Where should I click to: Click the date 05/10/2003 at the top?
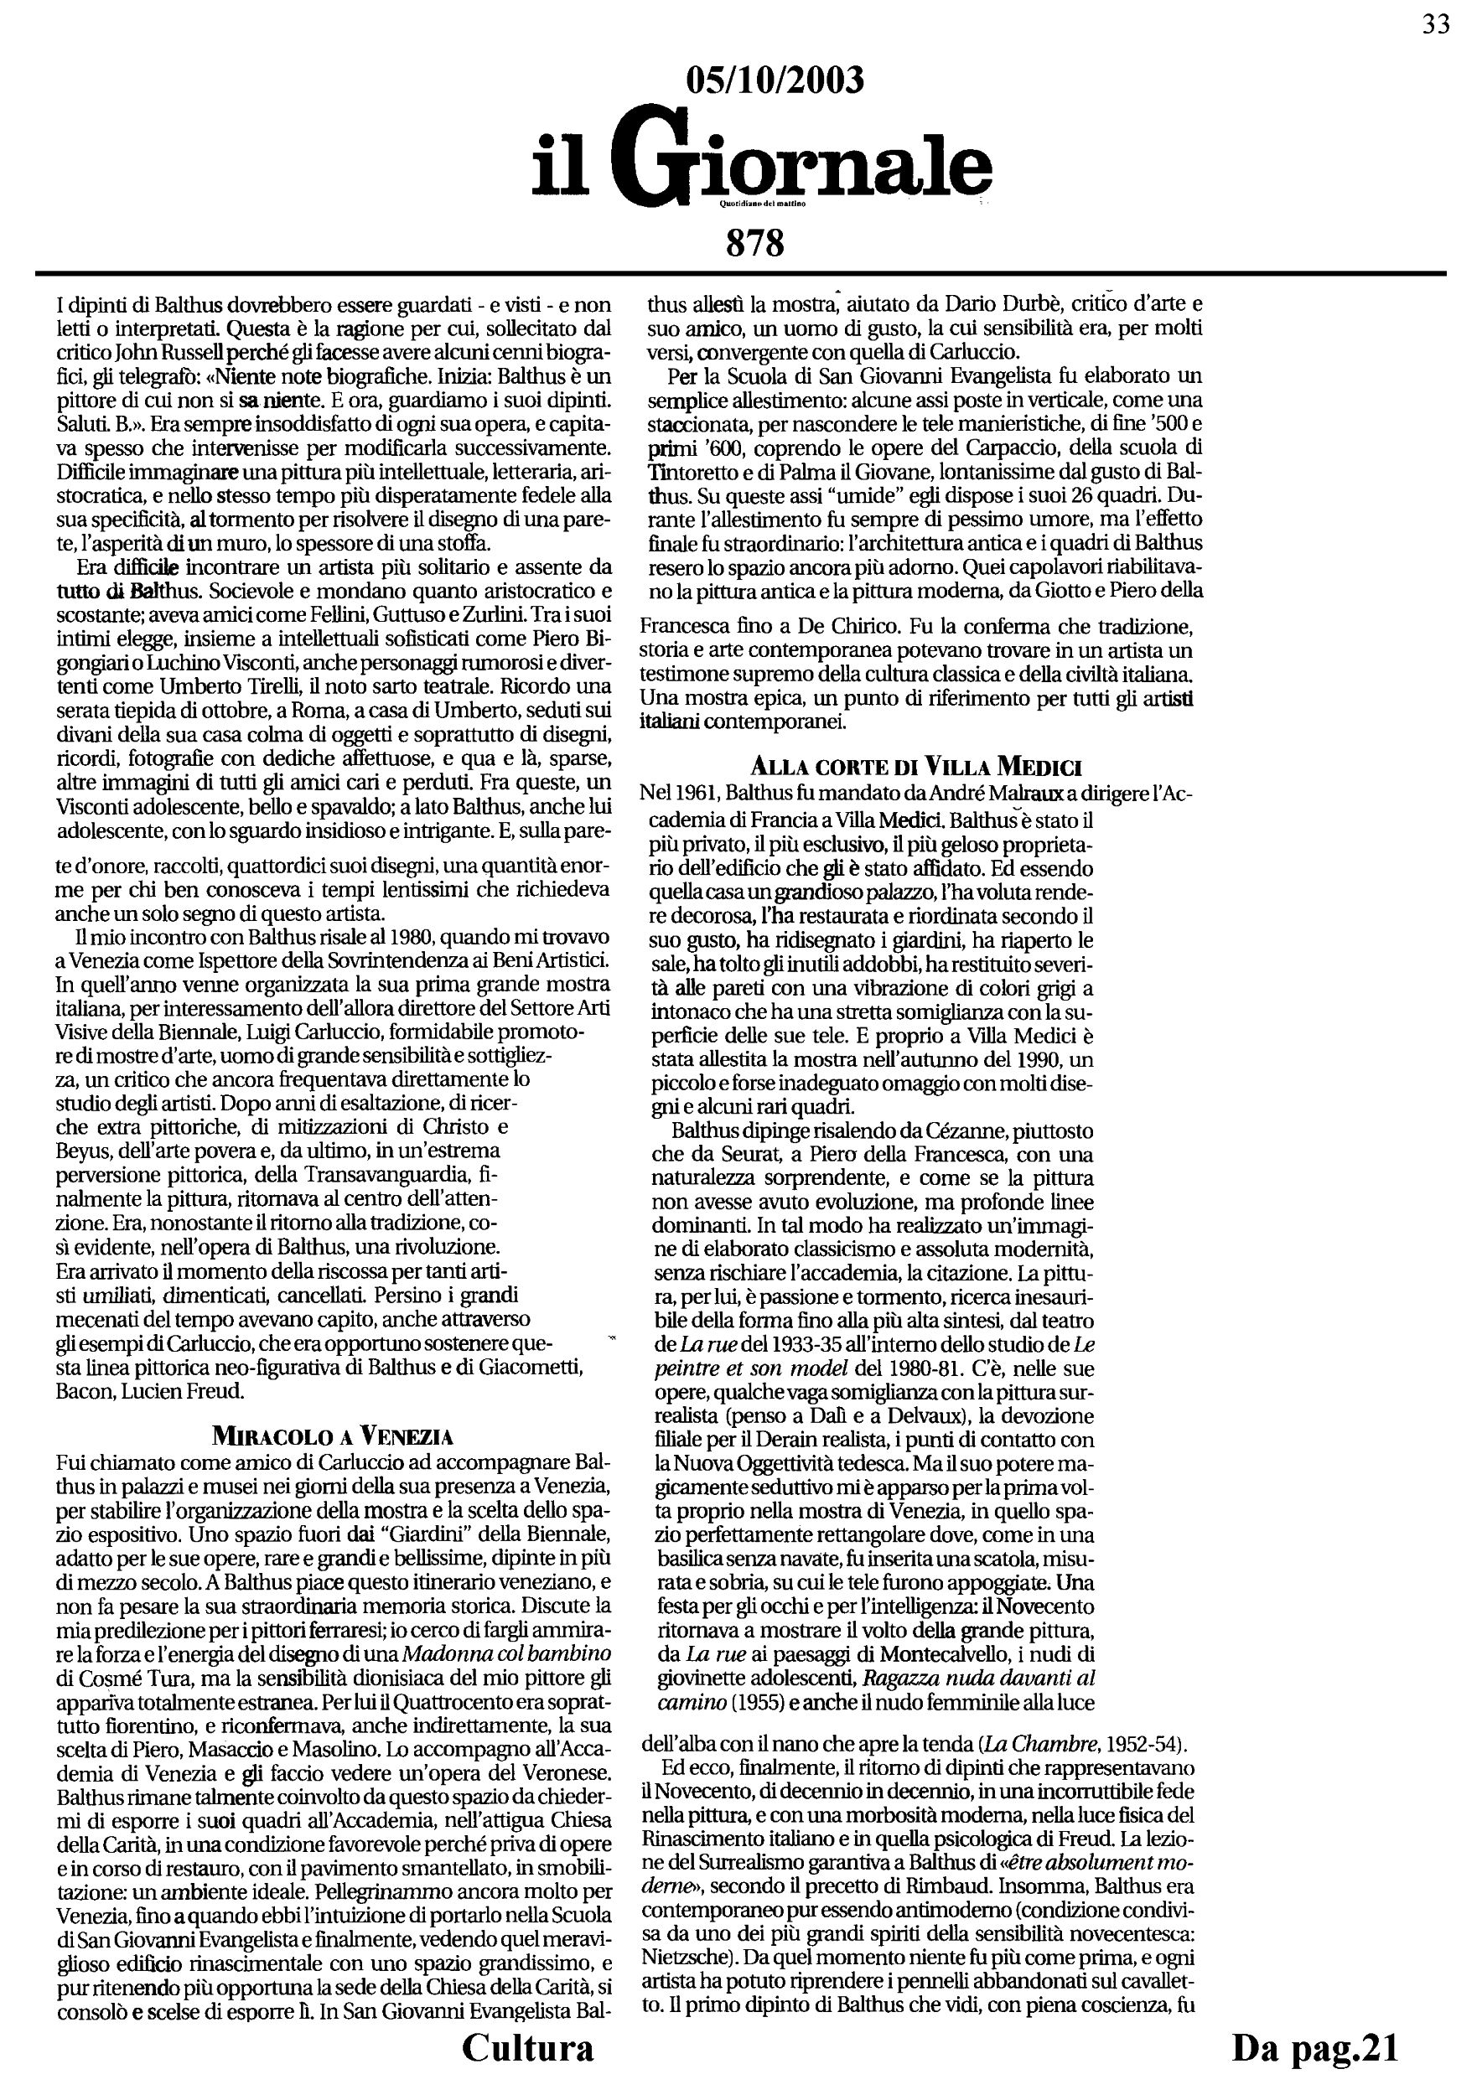pyautogui.click(x=774, y=81)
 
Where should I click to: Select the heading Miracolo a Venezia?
pyautogui.click(x=332, y=1435)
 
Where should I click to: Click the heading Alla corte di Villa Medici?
pyautogui.click(x=916, y=767)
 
